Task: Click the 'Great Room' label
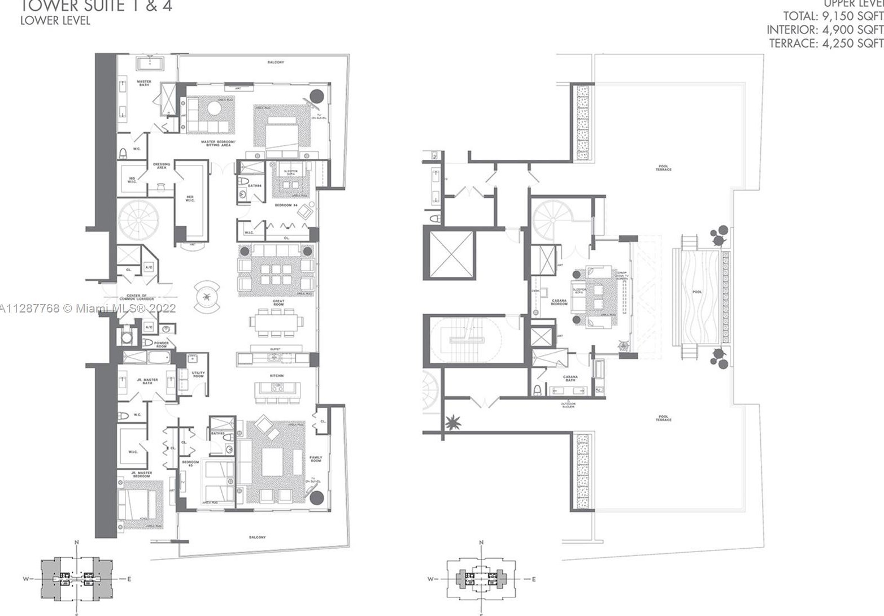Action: pyautogui.click(x=278, y=303)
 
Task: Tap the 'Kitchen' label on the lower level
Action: pyautogui.click(x=276, y=376)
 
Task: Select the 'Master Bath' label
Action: pyautogui.click(x=144, y=83)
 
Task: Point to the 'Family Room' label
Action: pyautogui.click(x=316, y=459)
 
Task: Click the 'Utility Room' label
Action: pyautogui.click(x=198, y=375)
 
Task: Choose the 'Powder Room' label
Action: pyautogui.click(x=162, y=345)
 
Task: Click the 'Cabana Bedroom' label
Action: pyautogui.click(x=559, y=302)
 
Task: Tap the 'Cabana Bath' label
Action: pyautogui.click(x=570, y=379)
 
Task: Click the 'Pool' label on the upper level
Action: pyautogui.click(x=697, y=292)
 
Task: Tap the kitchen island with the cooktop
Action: pyautogui.click(x=277, y=388)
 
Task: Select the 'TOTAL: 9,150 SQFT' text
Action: pyautogui.click(x=833, y=16)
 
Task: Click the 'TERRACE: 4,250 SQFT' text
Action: pyautogui.click(x=826, y=43)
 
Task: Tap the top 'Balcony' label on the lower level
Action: pyautogui.click(x=276, y=62)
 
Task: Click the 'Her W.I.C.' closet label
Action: pyautogui.click(x=190, y=199)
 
